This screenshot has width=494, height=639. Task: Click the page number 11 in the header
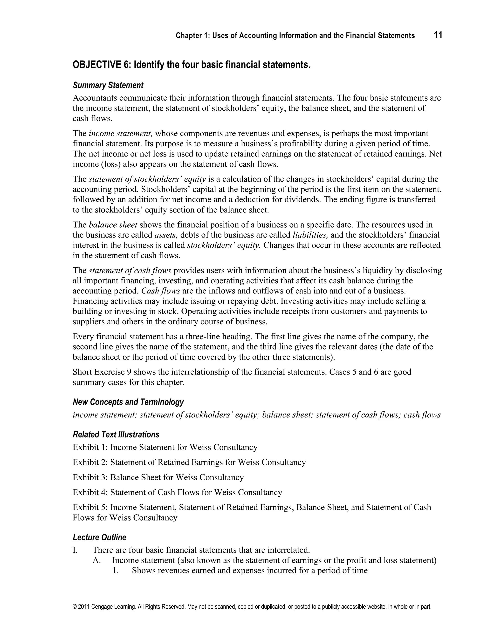pyautogui.click(x=438, y=35)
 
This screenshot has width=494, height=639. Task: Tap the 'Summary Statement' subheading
pyautogui.click(x=108, y=85)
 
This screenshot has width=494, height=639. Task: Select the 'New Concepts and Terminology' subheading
pyautogui.click(x=128, y=402)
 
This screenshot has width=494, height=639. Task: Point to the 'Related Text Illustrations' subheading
pyautogui.click(x=116, y=435)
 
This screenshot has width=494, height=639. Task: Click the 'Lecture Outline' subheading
pyautogui.click(x=100, y=537)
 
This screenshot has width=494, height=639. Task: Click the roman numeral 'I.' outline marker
pyautogui.click(x=75, y=550)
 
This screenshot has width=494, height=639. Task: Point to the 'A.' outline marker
pyautogui.click(x=96, y=561)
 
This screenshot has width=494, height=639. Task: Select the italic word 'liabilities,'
pyautogui.click(x=310, y=235)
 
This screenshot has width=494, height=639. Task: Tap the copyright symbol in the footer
pyautogui.click(x=75, y=607)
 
